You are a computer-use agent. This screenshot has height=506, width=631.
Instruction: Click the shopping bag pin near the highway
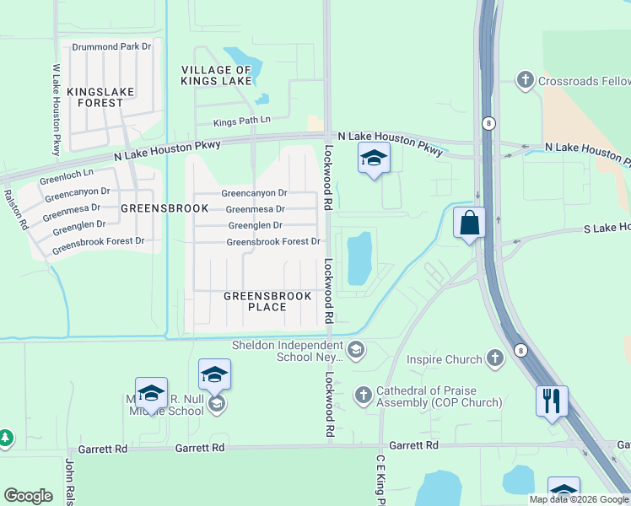tap(470, 224)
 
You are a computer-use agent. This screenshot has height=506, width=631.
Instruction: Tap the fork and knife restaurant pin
tap(552, 401)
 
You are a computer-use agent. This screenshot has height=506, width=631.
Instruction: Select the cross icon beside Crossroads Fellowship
tap(525, 80)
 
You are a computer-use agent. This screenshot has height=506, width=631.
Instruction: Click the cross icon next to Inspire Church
tap(494, 360)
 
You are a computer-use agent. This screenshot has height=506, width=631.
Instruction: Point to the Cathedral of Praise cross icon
tap(363, 396)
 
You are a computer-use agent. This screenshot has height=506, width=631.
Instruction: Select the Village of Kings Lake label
tap(216, 75)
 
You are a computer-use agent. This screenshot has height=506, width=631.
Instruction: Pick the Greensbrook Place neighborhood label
tap(267, 302)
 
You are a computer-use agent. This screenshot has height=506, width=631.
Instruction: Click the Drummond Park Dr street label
tap(111, 47)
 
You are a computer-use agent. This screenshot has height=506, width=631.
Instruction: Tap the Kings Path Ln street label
tap(241, 121)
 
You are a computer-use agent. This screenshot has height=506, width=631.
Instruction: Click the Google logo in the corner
tap(28, 496)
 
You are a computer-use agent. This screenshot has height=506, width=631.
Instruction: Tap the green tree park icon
tap(5, 438)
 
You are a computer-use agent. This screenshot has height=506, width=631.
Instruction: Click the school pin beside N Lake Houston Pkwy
tap(374, 159)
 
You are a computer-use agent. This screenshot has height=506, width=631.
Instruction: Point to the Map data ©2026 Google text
tap(579, 499)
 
